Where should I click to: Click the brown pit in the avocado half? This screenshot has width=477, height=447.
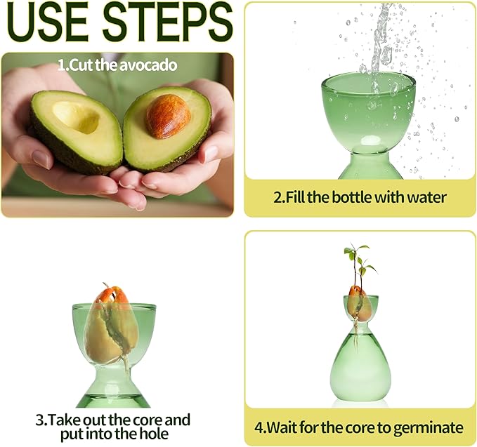coord(167,115)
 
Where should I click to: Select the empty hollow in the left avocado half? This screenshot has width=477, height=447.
coord(75,116)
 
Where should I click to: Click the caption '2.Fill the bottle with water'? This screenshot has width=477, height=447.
coord(360,197)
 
